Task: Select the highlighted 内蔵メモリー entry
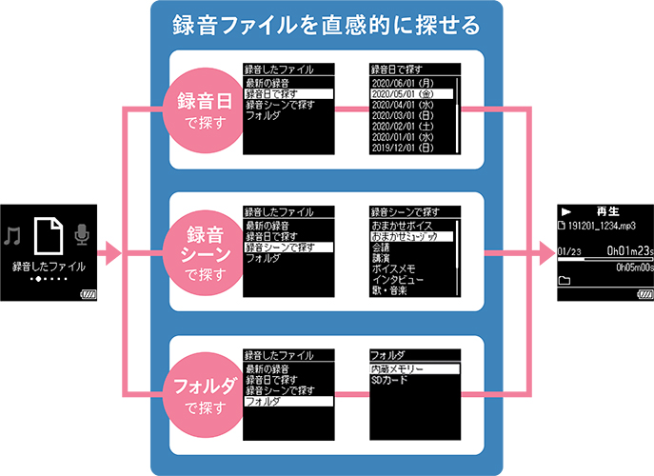click(399, 368)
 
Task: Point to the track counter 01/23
click(571, 251)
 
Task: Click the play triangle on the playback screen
click(566, 211)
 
